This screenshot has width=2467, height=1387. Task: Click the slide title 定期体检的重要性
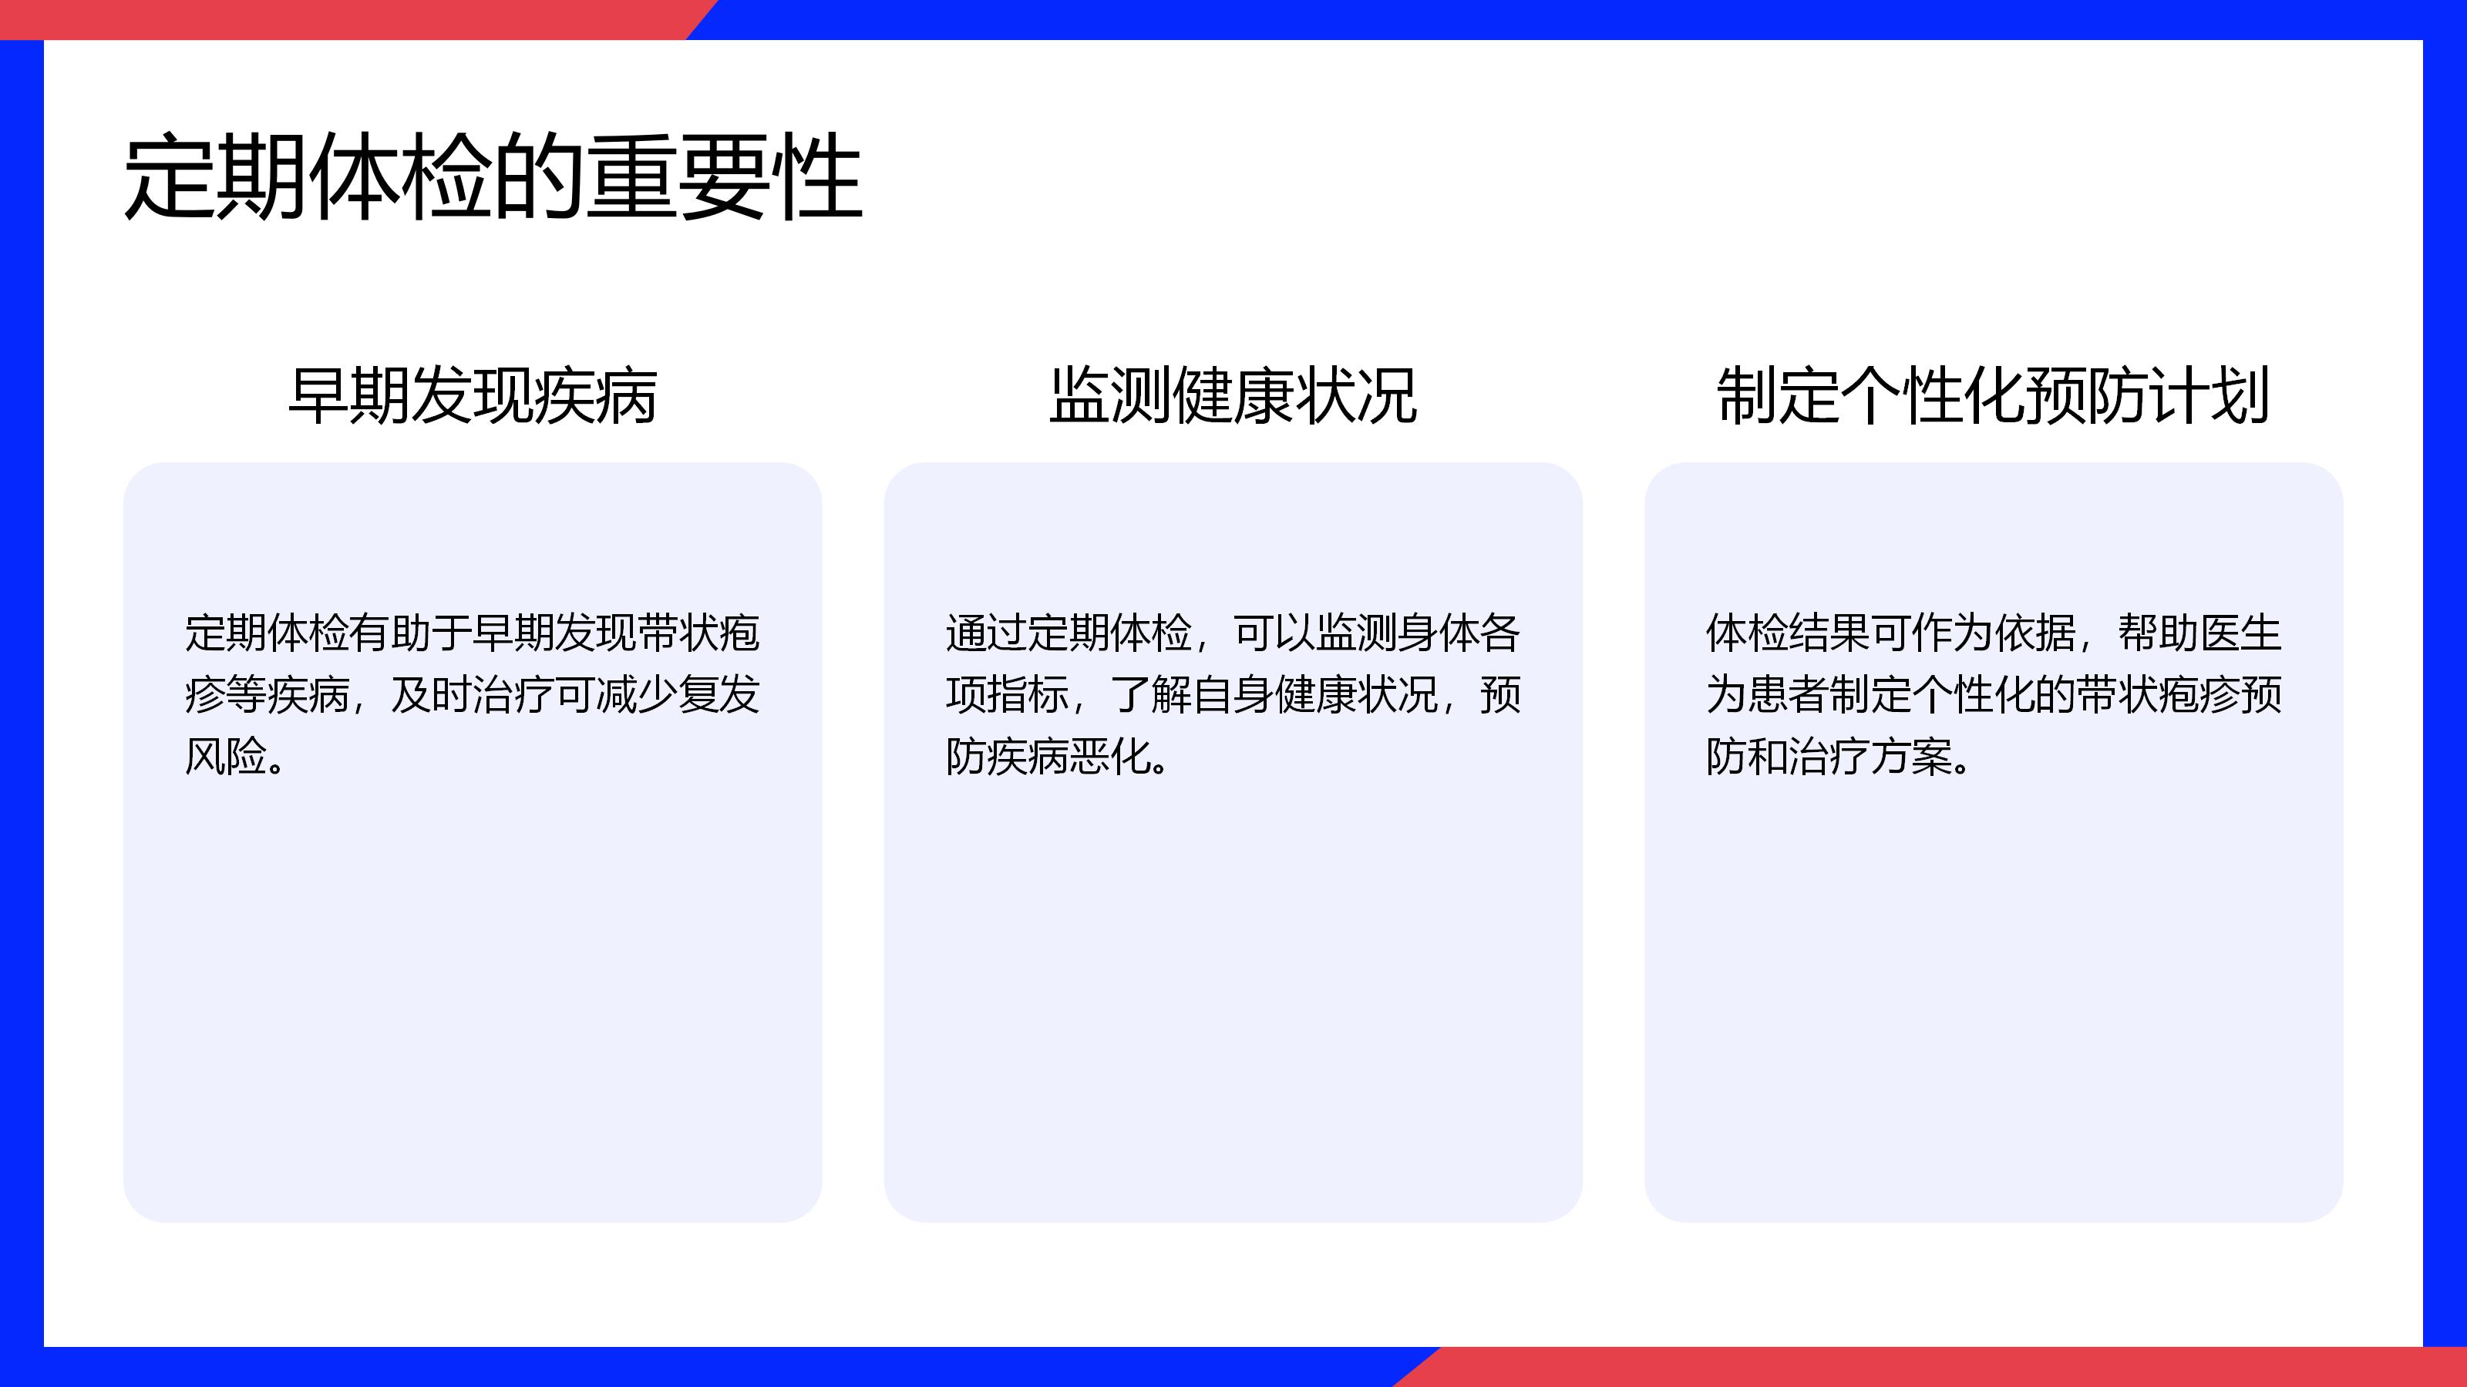[493, 177]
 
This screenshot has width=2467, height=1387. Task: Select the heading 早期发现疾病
[472, 395]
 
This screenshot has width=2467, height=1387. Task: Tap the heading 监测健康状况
[1233, 395]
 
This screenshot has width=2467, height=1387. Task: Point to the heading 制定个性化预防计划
[1993, 395]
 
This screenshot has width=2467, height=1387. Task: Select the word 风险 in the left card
[225, 756]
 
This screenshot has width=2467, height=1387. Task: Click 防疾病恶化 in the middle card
[1048, 756]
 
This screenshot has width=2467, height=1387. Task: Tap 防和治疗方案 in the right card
[1829, 756]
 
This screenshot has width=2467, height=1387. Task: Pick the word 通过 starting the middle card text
[987, 633]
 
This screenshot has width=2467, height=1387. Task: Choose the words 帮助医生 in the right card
[2199, 633]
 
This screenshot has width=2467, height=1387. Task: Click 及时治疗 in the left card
[473, 695]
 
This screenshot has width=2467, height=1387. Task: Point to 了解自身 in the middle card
[1193, 695]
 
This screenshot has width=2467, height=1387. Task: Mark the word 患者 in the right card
[1788, 695]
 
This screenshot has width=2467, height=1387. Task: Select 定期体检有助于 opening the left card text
[328, 633]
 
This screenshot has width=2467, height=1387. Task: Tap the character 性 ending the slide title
[818, 177]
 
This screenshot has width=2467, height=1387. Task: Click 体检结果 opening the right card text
[1788, 633]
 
